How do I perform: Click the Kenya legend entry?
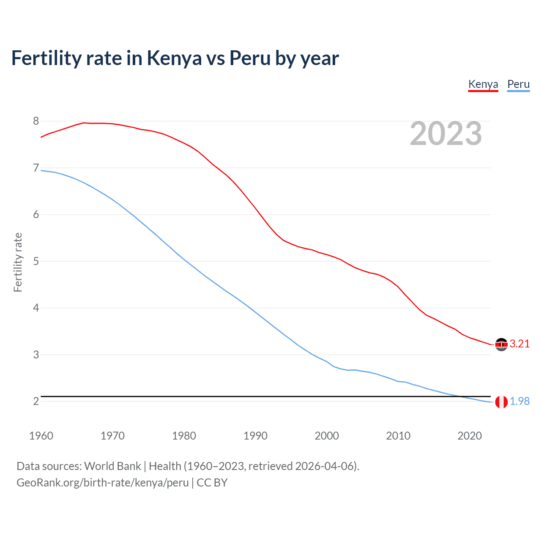483,84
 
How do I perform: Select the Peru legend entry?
518,84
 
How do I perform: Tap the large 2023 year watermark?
445,134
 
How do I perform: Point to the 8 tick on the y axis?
36,121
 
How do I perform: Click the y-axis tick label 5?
36,261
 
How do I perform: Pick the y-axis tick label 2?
36,401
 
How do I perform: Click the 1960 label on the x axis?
41,436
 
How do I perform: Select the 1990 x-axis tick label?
255,436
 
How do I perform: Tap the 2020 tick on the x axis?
470,436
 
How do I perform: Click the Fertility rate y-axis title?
18,262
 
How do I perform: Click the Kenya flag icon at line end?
501,344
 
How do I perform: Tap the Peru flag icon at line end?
501,402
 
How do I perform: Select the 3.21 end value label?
519,344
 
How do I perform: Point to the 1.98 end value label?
519,402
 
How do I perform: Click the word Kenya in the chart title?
174,58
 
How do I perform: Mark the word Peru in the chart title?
249,58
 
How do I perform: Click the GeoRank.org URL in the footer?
102,483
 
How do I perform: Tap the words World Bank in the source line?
112,466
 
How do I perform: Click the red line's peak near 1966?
84,123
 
